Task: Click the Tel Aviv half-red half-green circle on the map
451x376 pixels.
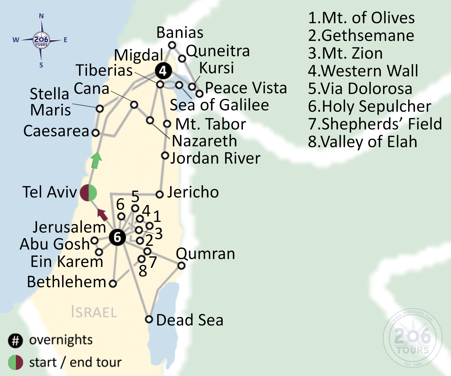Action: click(88, 193)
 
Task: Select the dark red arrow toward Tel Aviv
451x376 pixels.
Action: click(102, 215)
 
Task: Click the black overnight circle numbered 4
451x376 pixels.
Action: click(163, 71)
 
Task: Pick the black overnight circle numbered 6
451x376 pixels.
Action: click(117, 237)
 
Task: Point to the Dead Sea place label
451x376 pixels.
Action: click(189, 320)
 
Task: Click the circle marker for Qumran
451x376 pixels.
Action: click(181, 265)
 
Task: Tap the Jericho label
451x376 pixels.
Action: click(193, 192)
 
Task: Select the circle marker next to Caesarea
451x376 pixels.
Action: click(96, 132)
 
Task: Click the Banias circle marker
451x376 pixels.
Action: click(172, 45)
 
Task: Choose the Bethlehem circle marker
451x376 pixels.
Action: click(112, 284)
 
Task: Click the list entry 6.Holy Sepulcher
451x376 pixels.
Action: click(369, 106)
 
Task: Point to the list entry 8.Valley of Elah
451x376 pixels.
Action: click(362, 142)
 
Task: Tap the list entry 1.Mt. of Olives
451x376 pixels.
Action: click(361, 18)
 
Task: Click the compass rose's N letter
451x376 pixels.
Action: click(41, 16)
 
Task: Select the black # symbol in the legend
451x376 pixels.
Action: click(15, 341)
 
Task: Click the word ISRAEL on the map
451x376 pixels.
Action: click(94, 312)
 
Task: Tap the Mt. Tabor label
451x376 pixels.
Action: click(211, 124)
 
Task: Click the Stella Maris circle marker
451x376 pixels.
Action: click(100, 109)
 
